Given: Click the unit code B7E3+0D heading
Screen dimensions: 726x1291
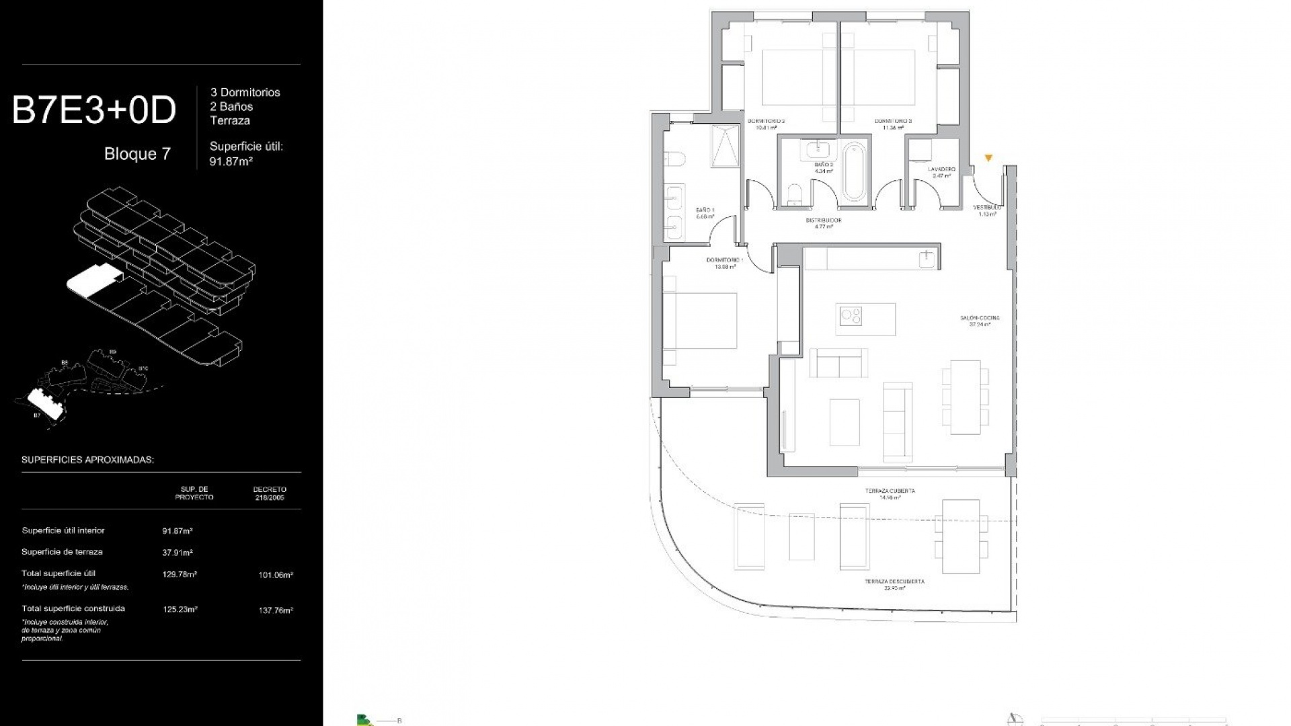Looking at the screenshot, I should coord(94,111).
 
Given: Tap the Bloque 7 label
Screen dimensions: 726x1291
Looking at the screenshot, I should coord(137,154).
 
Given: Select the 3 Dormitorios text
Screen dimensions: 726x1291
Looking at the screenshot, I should coord(245,93).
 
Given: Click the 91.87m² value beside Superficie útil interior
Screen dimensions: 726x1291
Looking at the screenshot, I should coord(178,531).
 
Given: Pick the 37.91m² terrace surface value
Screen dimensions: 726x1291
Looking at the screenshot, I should coord(178,553).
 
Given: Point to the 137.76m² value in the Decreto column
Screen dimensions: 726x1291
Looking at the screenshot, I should coord(276,611).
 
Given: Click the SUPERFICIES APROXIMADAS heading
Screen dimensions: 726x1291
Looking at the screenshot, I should coord(88,460).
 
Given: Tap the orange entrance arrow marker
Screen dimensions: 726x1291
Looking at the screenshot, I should coord(988,159).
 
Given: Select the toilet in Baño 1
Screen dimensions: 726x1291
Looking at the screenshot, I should coord(673,160).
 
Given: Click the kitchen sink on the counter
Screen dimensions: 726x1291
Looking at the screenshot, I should coord(928,257).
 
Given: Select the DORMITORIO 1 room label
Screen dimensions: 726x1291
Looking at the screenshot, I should coord(724,260).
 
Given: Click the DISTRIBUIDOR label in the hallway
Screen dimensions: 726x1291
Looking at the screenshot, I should coord(824,220).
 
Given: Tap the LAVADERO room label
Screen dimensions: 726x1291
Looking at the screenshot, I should coord(941,169).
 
